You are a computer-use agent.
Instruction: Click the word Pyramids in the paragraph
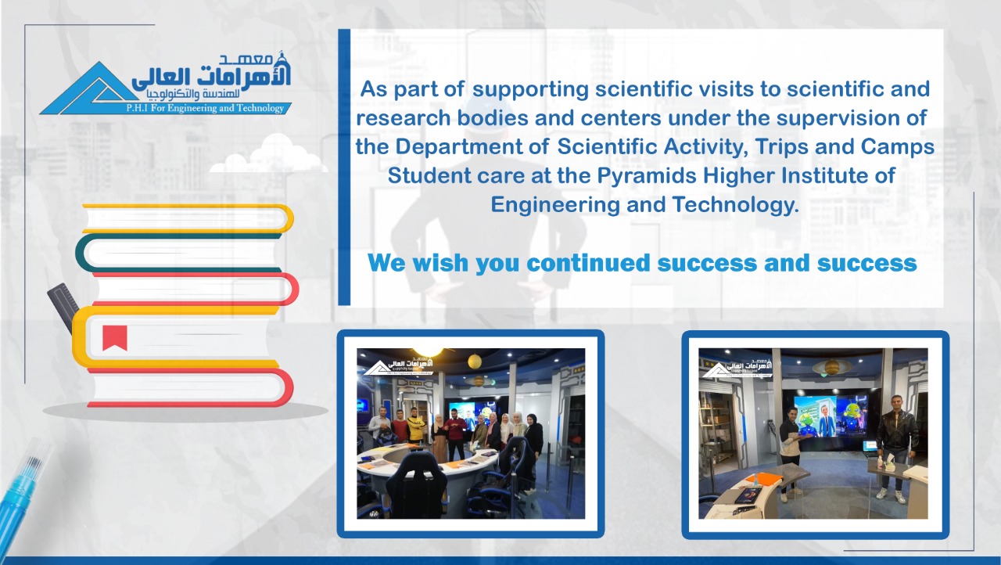[x=647, y=175]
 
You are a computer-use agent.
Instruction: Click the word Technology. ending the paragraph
[x=736, y=205]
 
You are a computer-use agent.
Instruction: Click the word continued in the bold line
[x=589, y=262]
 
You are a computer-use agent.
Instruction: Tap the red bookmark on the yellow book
[x=115, y=337]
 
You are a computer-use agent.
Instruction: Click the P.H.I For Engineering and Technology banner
[x=205, y=108]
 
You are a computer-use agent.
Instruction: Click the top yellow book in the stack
[x=188, y=218]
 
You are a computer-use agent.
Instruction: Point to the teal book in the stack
[x=179, y=253]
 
